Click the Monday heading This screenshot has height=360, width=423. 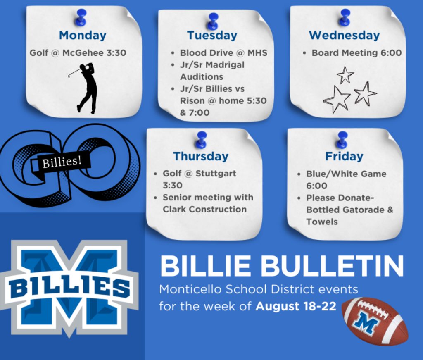(83, 36)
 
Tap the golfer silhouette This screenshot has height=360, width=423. (86, 88)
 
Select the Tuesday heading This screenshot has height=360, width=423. (212, 36)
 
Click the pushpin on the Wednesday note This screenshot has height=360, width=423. (345, 17)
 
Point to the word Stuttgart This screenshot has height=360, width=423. (216, 173)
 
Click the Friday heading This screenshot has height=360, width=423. (344, 156)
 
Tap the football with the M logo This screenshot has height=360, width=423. (375, 321)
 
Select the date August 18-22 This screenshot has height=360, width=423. (296, 306)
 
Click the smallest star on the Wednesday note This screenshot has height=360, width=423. (345, 74)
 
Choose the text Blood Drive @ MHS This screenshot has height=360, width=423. (223, 53)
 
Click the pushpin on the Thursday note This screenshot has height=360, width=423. (202, 140)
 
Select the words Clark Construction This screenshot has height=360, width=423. (204, 209)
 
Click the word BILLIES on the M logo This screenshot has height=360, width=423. (69, 287)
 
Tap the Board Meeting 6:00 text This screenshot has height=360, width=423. (356, 53)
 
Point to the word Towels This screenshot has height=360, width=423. (322, 222)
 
